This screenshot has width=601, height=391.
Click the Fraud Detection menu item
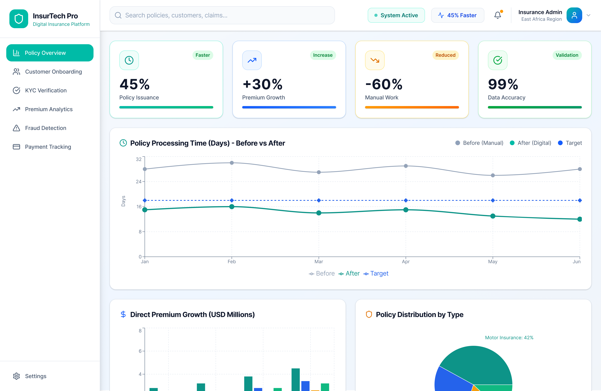tap(45, 128)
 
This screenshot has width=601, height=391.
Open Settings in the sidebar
tap(35, 376)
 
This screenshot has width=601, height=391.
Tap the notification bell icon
tap(498, 15)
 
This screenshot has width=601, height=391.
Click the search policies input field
tap(222, 15)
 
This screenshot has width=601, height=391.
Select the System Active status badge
tap(396, 15)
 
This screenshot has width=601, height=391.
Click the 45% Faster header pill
tap(457, 15)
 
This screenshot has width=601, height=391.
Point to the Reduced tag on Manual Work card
tap(445, 55)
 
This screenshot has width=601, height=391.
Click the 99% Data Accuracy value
tap(503, 84)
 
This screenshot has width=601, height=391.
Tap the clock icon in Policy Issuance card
tap(129, 60)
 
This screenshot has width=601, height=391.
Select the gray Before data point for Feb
tap(232, 163)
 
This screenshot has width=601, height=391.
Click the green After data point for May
tap(493, 216)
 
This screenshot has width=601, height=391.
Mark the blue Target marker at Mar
tap(319, 200)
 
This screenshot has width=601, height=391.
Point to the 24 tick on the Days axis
tap(139, 182)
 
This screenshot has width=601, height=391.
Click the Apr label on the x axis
tap(406, 262)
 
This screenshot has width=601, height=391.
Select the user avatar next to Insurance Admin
tap(574, 15)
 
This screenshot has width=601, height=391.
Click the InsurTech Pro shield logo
tap(19, 19)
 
